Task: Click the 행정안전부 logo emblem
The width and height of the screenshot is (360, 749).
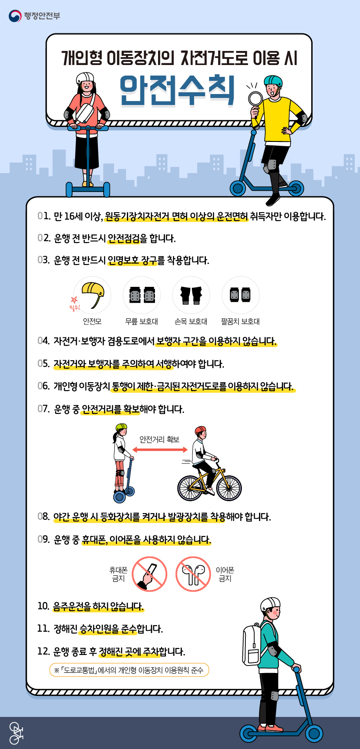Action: [15, 16]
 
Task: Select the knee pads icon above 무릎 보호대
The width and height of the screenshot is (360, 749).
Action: [142, 295]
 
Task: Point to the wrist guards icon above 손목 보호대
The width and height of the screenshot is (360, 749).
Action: [191, 295]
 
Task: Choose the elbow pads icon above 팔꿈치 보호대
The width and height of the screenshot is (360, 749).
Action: [240, 295]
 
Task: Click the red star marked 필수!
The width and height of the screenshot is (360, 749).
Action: [74, 300]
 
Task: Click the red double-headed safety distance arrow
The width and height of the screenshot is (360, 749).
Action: [160, 450]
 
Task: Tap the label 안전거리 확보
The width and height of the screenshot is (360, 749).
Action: [159, 439]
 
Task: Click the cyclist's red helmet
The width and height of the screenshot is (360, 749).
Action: [200, 429]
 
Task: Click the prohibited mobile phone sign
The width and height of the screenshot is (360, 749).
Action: [149, 574]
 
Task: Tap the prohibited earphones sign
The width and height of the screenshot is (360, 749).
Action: [193, 574]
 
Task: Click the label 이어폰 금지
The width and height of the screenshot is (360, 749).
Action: [225, 574]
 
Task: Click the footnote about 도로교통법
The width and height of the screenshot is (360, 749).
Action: [129, 670]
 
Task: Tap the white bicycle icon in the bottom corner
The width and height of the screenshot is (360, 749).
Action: [16, 733]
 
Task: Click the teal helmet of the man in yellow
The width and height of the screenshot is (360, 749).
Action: [273, 81]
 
